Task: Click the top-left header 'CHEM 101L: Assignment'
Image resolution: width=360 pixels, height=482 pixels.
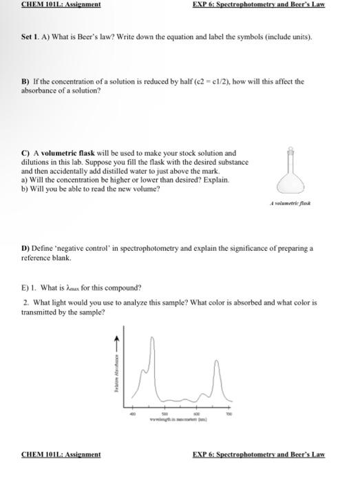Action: pos(61,4)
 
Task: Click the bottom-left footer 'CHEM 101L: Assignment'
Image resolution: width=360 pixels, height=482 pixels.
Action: pos(61,454)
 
